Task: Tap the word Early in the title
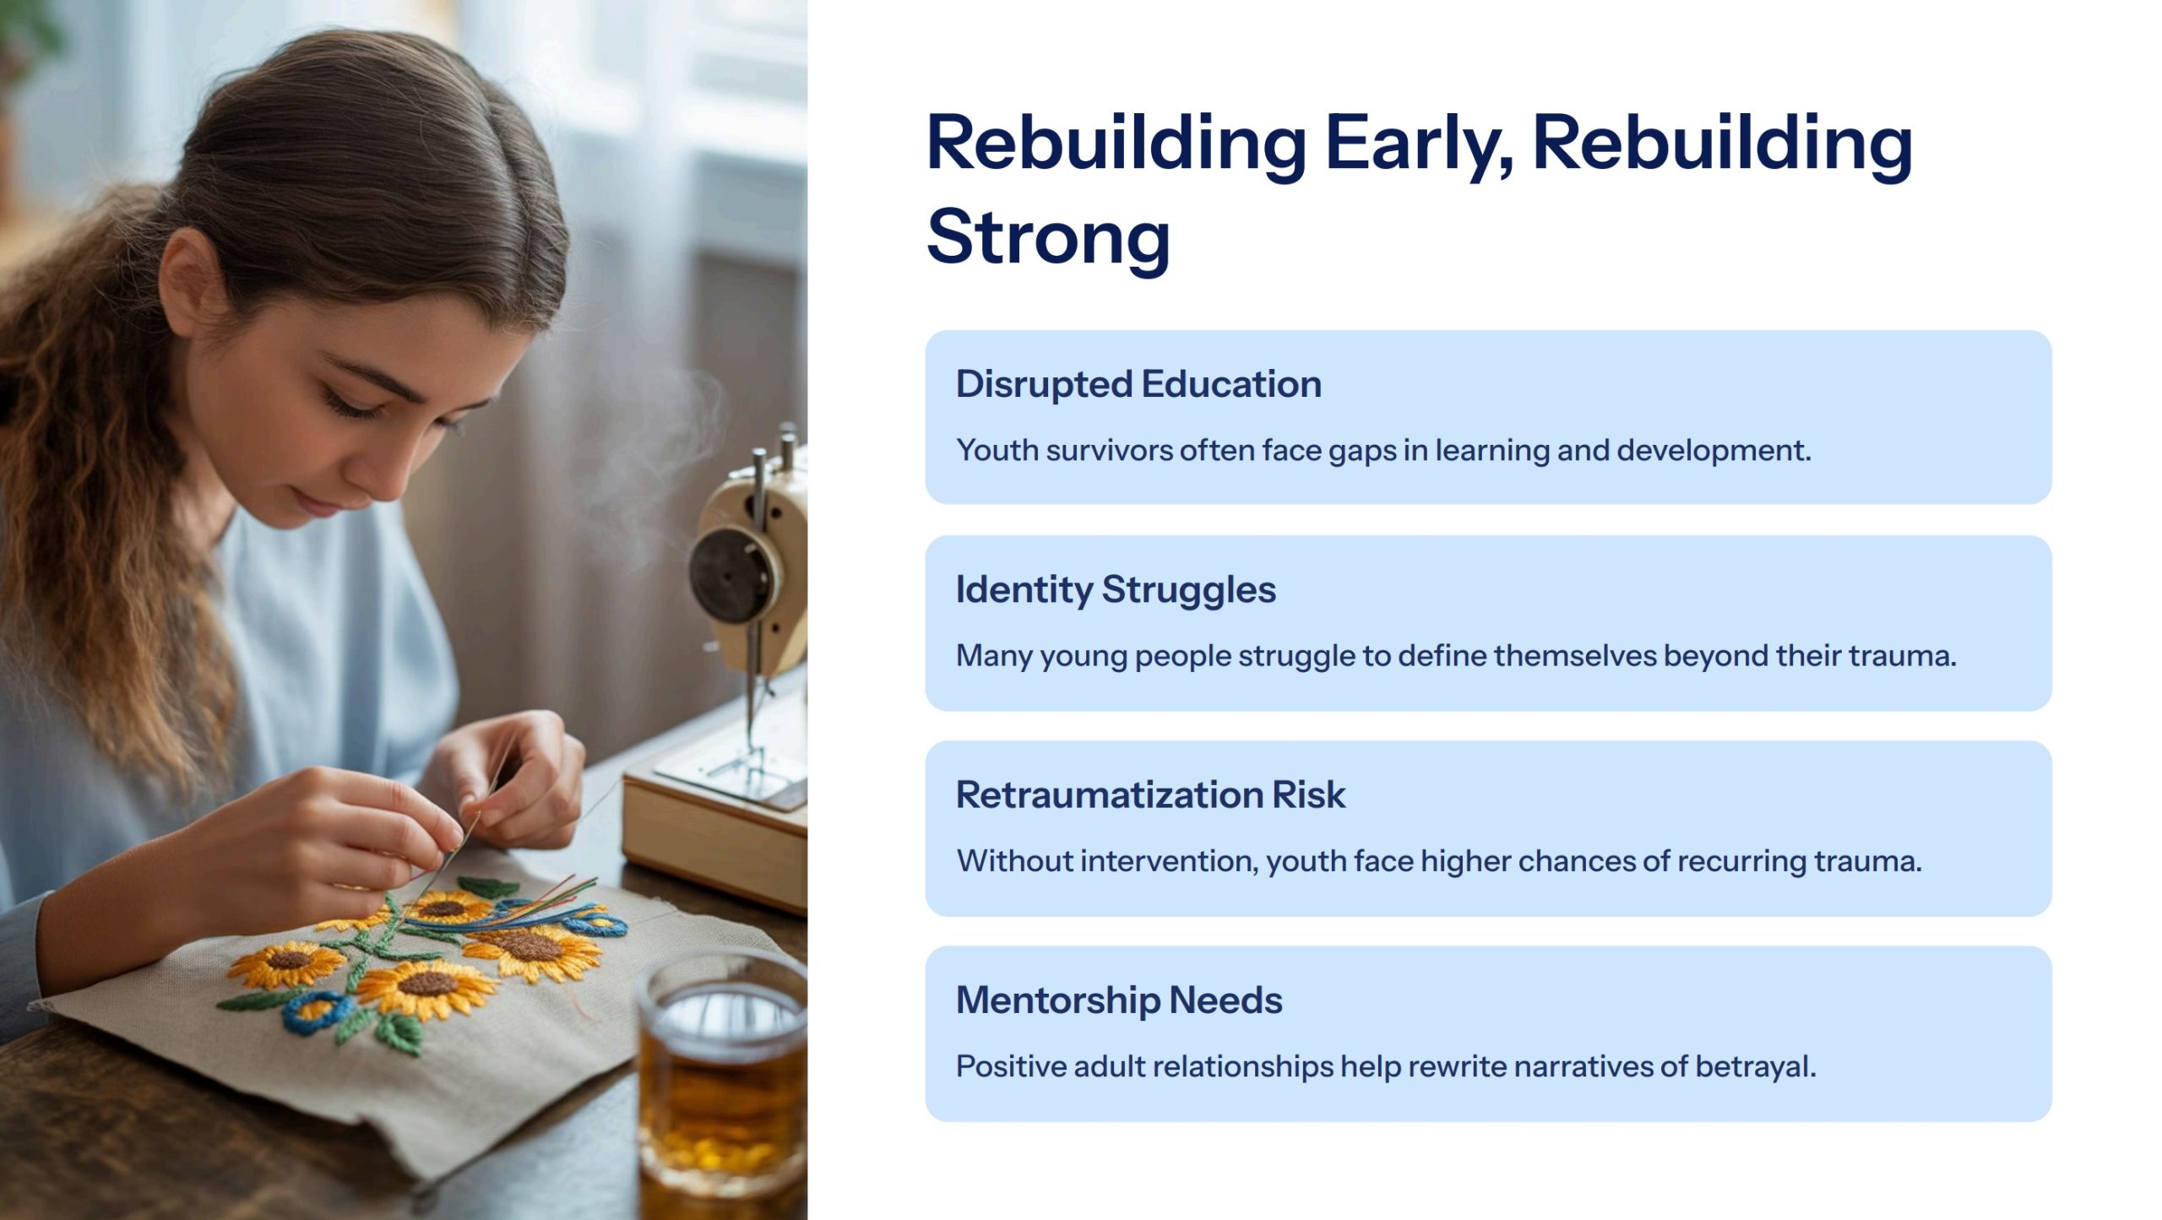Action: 1420,146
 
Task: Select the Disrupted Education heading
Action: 1138,384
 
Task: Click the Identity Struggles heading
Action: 1116,590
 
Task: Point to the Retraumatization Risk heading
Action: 1150,794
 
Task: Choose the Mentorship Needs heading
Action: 1119,1000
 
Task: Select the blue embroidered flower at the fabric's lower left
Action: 317,1014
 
